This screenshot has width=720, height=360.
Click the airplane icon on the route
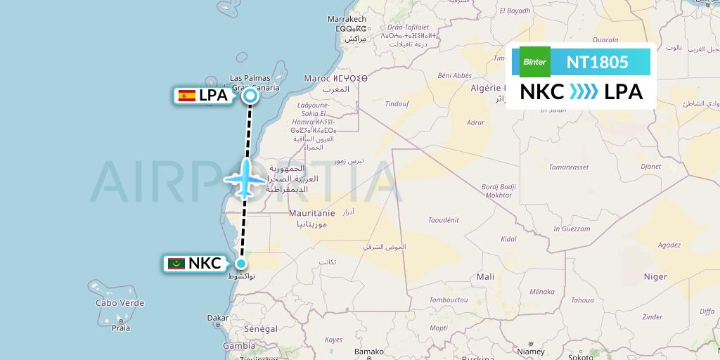point(245,178)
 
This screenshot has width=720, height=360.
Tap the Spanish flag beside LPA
point(187,96)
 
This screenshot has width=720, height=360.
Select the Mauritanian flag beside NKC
point(176,264)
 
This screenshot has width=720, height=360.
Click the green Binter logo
point(534,62)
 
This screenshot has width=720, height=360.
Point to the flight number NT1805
point(597,62)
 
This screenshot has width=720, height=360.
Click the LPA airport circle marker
point(250,96)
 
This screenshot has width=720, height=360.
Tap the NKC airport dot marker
point(240,264)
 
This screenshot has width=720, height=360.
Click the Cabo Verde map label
point(120,303)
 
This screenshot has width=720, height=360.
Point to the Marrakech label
point(347,19)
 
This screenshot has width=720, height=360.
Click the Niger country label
point(655,276)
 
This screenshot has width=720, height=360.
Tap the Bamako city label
point(369,351)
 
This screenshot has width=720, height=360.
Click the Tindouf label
point(397,103)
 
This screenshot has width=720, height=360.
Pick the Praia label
point(122,327)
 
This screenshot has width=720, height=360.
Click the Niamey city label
point(530,351)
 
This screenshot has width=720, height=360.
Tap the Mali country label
point(485,276)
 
